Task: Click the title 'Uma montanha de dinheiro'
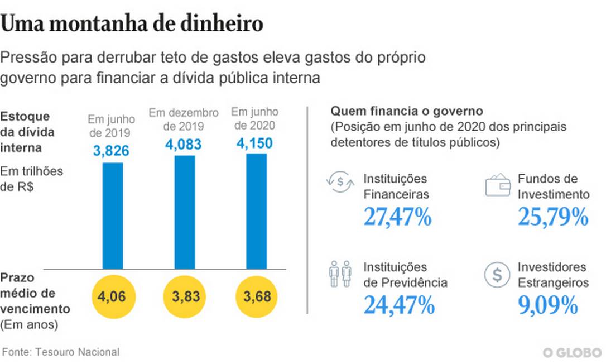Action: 132,24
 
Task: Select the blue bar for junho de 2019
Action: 112,215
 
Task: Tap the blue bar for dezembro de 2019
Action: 185,212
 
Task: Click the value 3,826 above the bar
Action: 112,151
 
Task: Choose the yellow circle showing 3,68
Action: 256,296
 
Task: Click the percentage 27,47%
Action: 398,217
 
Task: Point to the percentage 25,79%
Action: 553,217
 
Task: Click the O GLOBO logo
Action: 572,352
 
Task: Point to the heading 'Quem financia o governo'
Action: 407,111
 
